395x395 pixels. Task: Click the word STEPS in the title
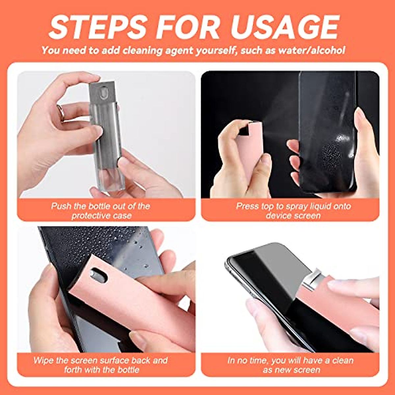(x=97, y=27)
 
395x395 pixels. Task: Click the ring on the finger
(x=61, y=112)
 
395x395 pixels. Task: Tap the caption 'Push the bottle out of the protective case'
(x=101, y=211)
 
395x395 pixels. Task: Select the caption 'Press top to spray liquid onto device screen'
(x=293, y=211)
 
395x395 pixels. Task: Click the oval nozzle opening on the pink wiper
(x=98, y=275)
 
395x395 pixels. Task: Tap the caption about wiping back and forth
(x=101, y=365)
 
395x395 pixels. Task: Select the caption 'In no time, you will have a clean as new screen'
(x=291, y=365)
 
